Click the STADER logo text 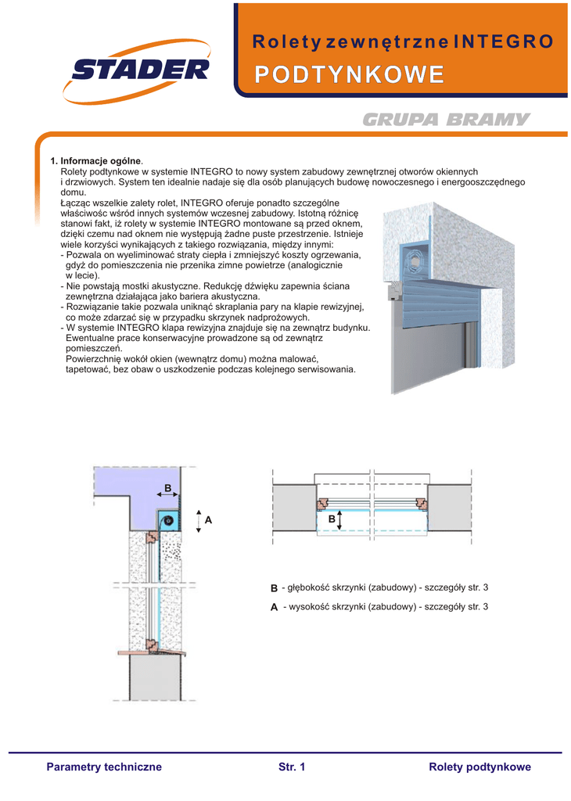(x=141, y=71)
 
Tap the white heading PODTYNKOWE (x=350, y=75)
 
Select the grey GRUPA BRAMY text (x=447, y=120)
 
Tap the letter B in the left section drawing (x=167, y=488)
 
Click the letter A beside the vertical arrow (x=209, y=520)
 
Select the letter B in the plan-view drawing (x=332, y=519)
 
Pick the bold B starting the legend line (x=274, y=588)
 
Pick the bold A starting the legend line (x=274, y=607)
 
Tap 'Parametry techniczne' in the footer (x=104, y=767)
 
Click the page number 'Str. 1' (x=292, y=767)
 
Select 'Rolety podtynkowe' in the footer (x=479, y=767)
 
